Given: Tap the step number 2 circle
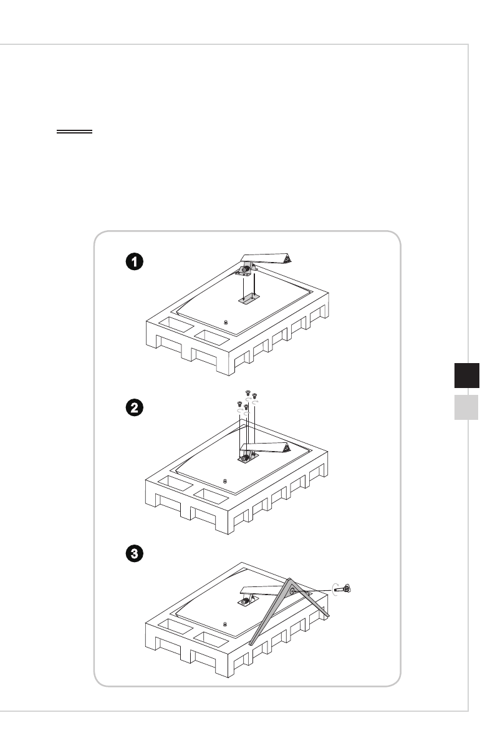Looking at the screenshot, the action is pos(134,408).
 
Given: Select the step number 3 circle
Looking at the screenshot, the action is pos(134,553).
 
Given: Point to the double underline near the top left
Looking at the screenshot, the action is pos(74,132).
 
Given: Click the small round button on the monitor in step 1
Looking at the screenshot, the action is pos(225,323).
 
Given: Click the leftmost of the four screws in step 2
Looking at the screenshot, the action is pos(239,404).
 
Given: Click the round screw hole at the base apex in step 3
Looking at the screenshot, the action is pos(292,587).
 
